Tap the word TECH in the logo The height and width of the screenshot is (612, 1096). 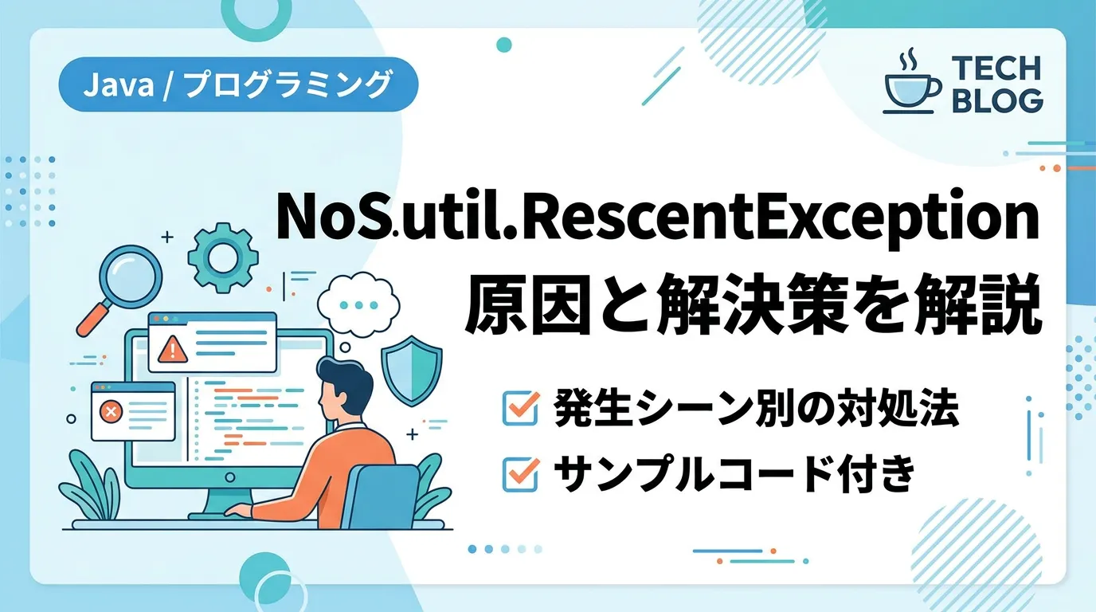(x=996, y=69)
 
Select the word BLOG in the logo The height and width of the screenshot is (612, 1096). (x=997, y=100)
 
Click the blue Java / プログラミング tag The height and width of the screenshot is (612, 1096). (x=238, y=84)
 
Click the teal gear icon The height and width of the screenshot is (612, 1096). (x=223, y=257)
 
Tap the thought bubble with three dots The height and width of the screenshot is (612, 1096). (x=358, y=304)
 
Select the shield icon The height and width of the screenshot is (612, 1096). (x=412, y=370)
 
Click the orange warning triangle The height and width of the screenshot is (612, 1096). (x=172, y=349)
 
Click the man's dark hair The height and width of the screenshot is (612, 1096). (x=342, y=380)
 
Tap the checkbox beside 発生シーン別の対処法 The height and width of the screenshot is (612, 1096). (x=521, y=407)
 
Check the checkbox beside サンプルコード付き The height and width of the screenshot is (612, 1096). (x=521, y=473)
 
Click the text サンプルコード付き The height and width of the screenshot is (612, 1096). (x=734, y=474)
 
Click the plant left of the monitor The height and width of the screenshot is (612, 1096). (x=91, y=484)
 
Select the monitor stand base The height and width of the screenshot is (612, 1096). (x=220, y=515)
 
